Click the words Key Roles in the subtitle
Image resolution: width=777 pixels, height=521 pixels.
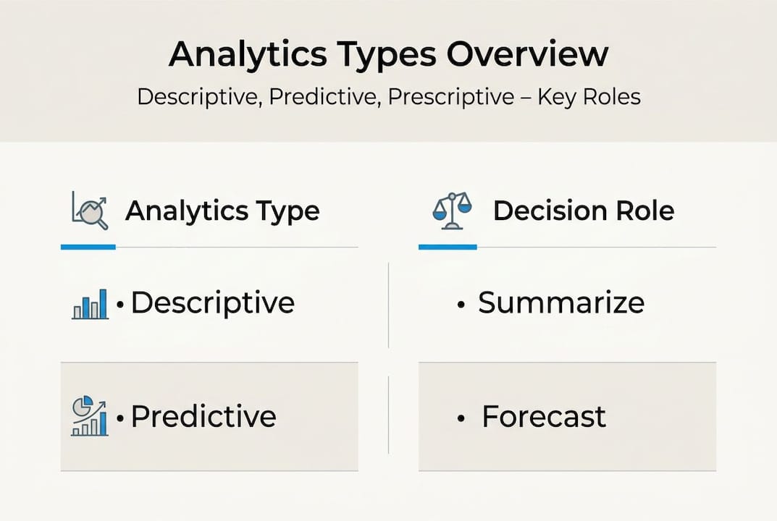(589, 96)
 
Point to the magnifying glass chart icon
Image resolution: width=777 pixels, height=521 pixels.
(91, 211)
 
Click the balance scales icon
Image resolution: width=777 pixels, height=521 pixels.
(451, 211)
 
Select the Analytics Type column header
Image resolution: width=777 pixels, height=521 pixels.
(222, 211)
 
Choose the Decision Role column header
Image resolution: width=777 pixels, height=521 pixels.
(583, 211)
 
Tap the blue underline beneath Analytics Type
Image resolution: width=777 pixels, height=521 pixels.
(88, 247)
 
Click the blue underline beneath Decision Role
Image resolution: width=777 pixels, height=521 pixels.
(448, 247)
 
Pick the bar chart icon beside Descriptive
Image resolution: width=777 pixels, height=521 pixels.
(90, 304)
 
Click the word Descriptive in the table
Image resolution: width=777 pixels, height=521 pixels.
(212, 302)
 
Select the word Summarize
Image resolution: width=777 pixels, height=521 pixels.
(560, 302)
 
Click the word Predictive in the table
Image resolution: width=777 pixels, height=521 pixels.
(203, 417)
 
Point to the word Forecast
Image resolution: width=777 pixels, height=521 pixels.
(544, 417)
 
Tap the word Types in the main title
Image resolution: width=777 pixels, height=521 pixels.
(395, 56)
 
